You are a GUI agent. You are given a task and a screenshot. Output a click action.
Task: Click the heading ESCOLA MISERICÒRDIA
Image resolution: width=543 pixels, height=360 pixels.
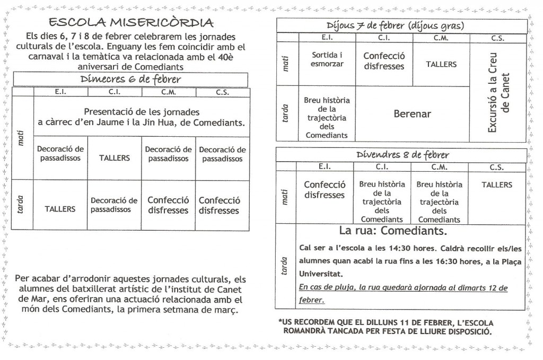click(131, 22)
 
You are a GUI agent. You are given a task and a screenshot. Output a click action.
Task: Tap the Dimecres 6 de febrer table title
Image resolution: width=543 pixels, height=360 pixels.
click(130, 80)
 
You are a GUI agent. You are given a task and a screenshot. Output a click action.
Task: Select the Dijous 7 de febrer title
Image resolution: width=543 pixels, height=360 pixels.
click(395, 27)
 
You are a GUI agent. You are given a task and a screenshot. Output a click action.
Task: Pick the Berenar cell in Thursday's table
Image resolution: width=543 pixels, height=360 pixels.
click(412, 113)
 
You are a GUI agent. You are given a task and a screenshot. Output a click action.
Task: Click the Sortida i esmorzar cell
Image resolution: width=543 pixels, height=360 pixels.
click(327, 59)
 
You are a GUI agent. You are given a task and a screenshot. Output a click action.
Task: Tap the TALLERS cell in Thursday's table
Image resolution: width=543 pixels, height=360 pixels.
click(441, 64)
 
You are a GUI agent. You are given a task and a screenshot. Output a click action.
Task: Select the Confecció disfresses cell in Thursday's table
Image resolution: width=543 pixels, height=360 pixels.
click(384, 61)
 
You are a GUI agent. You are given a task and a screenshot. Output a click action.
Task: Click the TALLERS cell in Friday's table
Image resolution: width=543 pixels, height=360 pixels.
click(497, 185)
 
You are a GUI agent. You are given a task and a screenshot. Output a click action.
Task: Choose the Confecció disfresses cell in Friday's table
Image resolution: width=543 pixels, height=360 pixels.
click(325, 190)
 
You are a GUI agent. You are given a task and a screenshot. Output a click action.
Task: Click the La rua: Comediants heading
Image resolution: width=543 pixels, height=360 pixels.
click(393, 231)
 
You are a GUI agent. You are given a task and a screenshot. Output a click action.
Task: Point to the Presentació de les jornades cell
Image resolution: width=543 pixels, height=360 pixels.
click(141, 117)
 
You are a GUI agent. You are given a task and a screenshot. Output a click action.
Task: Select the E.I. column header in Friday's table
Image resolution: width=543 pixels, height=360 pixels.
click(325, 166)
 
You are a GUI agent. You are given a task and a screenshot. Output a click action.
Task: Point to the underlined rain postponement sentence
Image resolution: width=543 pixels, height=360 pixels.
click(403, 293)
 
